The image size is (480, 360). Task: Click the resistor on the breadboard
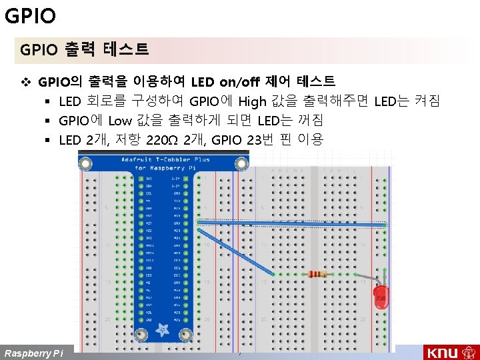tap(318, 274)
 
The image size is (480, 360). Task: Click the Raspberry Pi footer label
tap(33, 353)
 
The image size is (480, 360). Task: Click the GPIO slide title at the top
tap(30, 15)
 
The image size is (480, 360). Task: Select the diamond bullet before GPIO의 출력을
tap(27, 83)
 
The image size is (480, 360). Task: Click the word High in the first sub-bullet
tap(252, 102)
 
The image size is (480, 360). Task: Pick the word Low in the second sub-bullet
tap(120, 121)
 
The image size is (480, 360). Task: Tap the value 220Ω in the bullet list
tap(163, 140)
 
